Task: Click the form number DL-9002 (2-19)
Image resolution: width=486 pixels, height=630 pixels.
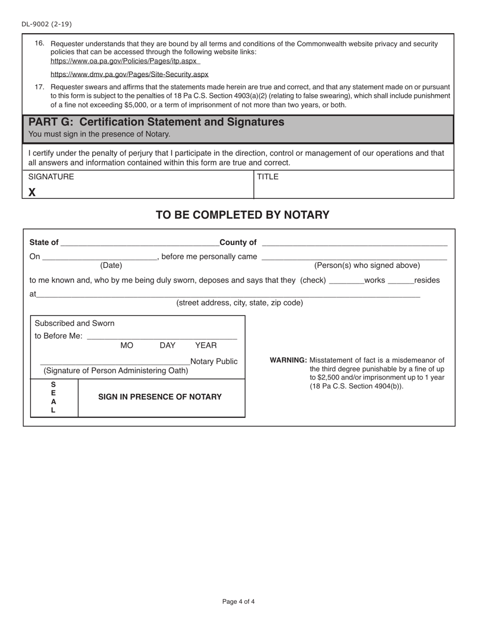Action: pos(47,24)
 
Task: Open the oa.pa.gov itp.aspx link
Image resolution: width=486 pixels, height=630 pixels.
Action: pos(124,61)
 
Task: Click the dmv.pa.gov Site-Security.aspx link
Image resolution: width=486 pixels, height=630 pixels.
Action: pos(129,74)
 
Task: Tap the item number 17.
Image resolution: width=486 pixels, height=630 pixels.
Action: pos(39,87)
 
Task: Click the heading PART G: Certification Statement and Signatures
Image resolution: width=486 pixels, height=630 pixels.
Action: pos(157,122)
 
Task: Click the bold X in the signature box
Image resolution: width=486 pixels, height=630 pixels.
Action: pos(32,192)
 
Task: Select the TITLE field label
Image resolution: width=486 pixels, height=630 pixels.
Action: pos(268,177)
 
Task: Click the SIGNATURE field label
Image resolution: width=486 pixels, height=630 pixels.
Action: pos(51,177)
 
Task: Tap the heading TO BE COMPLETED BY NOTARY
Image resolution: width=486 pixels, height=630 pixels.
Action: pos(242,215)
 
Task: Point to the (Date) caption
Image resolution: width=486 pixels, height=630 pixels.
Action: pos(111,265)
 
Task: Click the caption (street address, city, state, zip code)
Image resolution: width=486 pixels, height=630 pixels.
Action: pos(239,303)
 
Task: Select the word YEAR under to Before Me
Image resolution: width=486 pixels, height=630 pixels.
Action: pos(206,346)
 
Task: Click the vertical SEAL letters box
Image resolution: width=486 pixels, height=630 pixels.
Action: pos(53,397)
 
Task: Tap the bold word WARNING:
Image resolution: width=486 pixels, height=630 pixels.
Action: pos(288,360)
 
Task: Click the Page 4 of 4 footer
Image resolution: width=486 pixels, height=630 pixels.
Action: pos(238,602)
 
